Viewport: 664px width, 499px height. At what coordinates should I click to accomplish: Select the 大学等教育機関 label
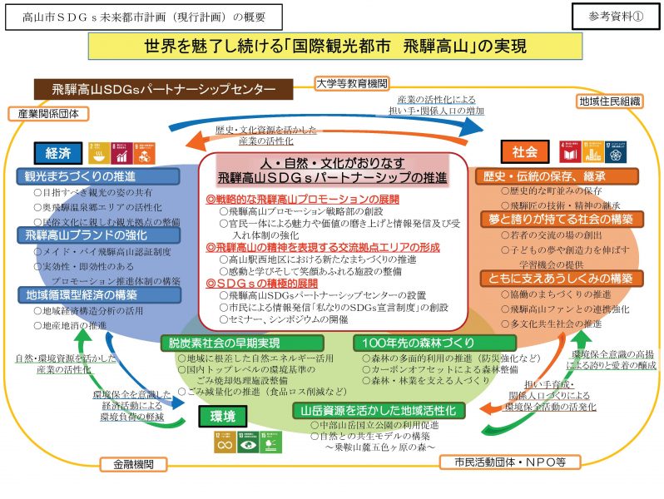(352, 83)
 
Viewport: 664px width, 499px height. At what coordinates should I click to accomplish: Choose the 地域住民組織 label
(610, 101)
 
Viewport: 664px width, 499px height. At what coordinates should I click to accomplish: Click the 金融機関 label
(128, 463)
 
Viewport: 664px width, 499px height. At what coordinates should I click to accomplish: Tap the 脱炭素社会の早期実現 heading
(241, 343)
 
